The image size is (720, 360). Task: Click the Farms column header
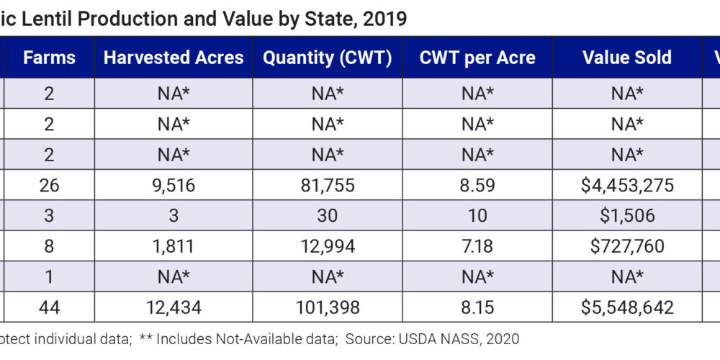pos(49,58)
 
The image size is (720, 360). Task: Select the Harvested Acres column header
pos(174,58)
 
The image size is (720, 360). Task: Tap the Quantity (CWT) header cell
pos(327,58)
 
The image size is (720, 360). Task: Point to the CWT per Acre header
pos(477,58)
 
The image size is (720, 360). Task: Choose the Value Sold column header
pos(626,58)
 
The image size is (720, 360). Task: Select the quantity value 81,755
pos(328,185)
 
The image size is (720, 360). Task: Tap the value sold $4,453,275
pos(627,185)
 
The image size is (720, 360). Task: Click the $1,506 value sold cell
pos(627,215)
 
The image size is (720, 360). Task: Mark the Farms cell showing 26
pos(49,185)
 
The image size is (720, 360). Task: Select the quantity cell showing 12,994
pos(328,246)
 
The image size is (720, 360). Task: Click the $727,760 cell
pos(627,246)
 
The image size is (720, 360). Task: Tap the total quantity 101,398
pos(328,307)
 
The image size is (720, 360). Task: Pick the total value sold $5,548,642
pos(627,307)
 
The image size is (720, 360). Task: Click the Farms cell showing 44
pos(49,307)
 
